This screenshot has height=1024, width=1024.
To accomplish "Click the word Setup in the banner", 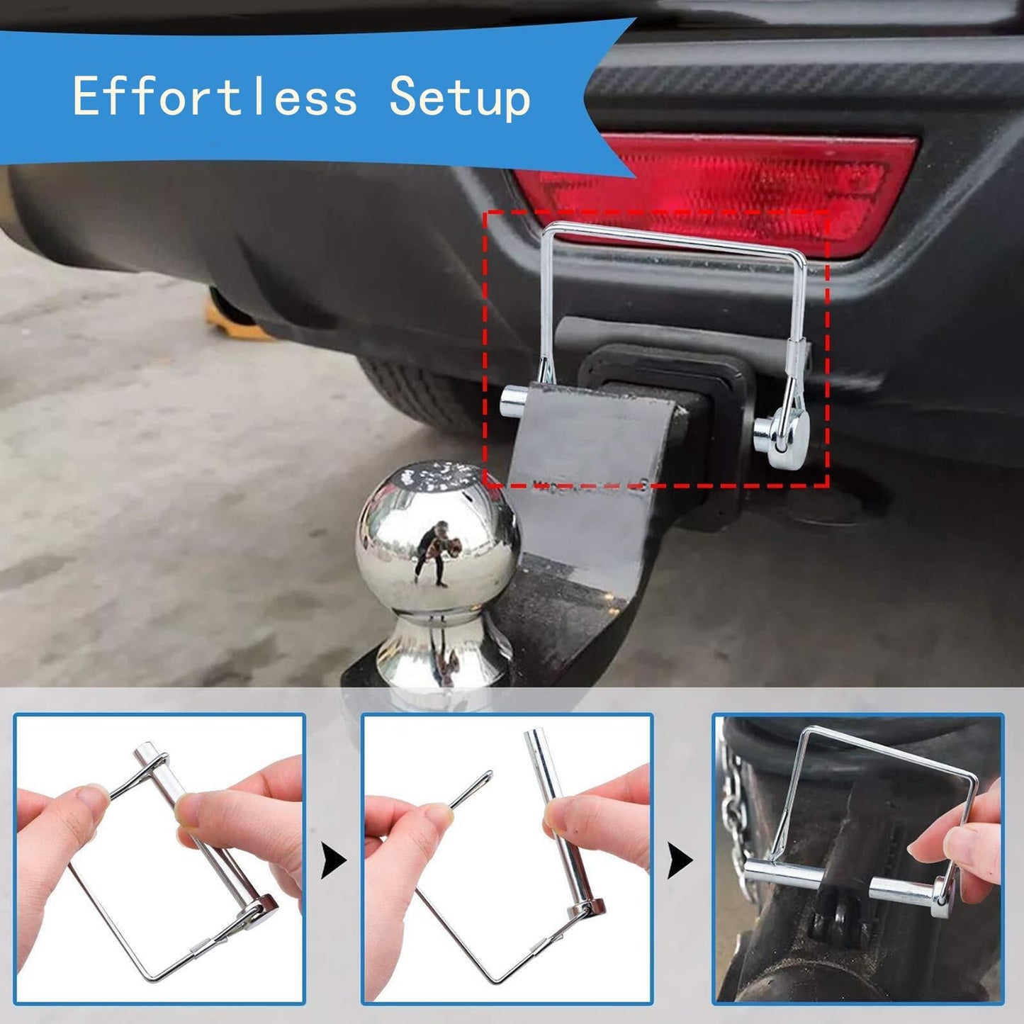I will click(x=460, y=98).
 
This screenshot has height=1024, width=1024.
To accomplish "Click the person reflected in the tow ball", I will click(x=433, y=550).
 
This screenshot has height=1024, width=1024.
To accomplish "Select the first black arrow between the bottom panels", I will click(x=334, y=861).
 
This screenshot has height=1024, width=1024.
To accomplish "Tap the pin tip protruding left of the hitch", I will click(x=513, y=403).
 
